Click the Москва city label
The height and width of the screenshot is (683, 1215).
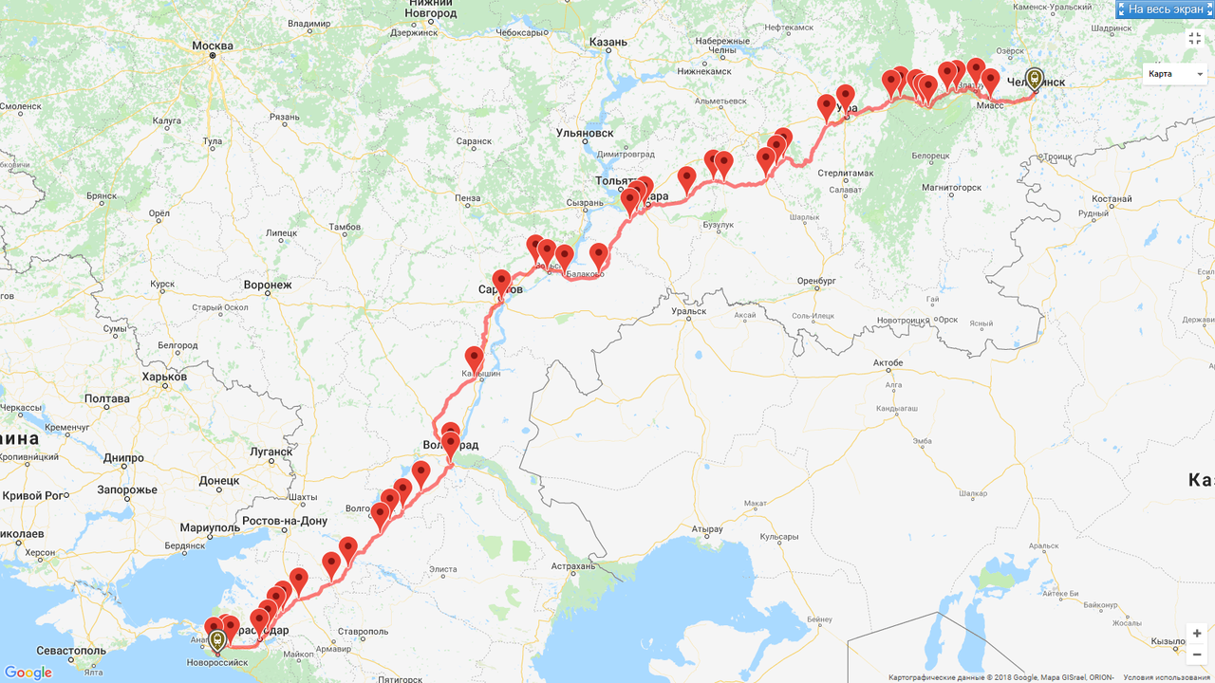click(x=212, y=46)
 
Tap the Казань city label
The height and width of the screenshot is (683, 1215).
click(x=607, y=42)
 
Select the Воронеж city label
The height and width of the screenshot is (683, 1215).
click(x=267, y=285)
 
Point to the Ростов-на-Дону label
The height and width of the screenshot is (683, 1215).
click(x=286, y=521)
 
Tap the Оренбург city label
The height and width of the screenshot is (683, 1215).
click(x=814, y=281)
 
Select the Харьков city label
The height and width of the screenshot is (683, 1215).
click(x=163, y=377)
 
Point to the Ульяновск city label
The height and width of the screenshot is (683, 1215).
click(x=585, y=134)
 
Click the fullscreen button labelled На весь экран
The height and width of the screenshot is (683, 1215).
click(x=1165, y=9)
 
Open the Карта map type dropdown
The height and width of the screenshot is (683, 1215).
click(x=1174, y=74)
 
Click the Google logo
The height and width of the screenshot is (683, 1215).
click(x=28, y=673)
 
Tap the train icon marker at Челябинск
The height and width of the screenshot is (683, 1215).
click(x=1035, y=79)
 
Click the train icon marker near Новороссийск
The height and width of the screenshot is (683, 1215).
click(x=218, y=640)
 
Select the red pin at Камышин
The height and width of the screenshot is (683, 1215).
click(x=474, y=360)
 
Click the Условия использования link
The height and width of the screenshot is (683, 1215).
click(x=1168, y=677)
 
